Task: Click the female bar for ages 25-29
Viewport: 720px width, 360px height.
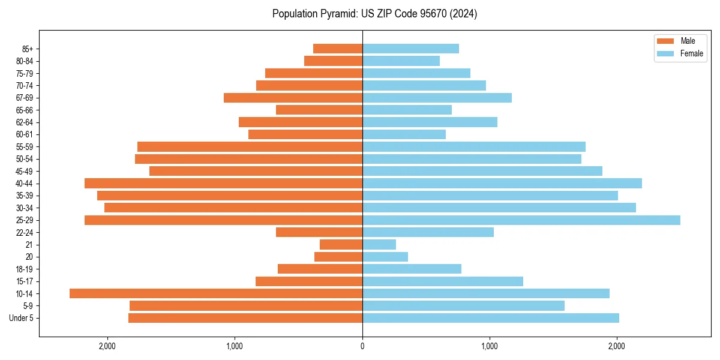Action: pos(521,220)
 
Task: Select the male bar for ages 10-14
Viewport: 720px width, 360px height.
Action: pos(216,293)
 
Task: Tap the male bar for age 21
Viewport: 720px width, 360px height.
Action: pos(341,245)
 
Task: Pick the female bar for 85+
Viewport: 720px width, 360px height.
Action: pos(410,49)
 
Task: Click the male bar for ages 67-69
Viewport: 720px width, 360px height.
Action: pos(293,98)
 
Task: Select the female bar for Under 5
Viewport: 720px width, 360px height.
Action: pos(490,318)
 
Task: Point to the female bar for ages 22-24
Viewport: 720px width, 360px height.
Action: pos(428,232)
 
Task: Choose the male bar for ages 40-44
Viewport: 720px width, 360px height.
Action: pos(223,184)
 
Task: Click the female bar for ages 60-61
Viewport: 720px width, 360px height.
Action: pos(404,134)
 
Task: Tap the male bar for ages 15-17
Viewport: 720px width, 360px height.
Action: pos(309,281)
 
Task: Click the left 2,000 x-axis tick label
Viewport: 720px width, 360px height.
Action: pos(107,346)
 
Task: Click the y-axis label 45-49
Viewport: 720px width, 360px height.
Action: pos(25,171)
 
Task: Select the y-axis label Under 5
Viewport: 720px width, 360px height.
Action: pos(22,318)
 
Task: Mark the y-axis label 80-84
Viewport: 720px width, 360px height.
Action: pos(25,61)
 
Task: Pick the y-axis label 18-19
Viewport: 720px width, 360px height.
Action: pos(25,269)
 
